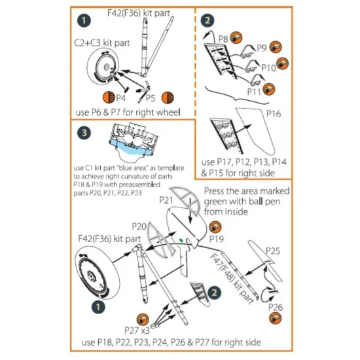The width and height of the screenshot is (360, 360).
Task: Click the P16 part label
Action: (x=274, y=113)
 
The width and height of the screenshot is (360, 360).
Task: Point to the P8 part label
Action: (x=223, y=40)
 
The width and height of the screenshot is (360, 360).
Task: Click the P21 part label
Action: (x=165, y=199)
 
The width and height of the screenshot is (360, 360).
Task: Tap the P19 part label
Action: (x=217, y=240)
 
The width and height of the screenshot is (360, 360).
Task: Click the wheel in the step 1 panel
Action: (x=105, y=67)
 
